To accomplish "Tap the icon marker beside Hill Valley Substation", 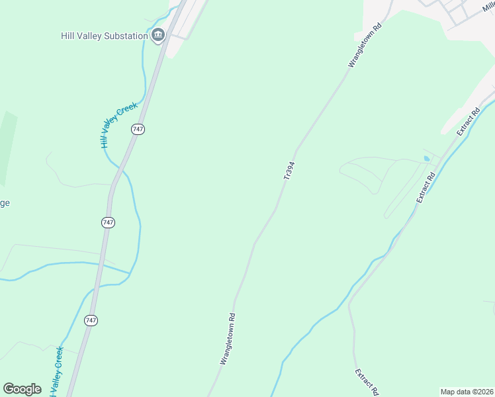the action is click(157, 35).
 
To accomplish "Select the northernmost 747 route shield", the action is click(138, 129).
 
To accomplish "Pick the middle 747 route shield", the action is click(109, 222).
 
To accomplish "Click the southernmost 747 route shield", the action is click(91, 320).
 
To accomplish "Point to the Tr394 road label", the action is click(289, 170).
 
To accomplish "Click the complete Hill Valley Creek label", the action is click(118, 124).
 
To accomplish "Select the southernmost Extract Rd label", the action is click(366, 382).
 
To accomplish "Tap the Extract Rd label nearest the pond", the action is click(425, 187).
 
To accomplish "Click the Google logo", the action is click(22, 389).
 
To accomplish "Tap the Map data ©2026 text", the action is click(467, 392).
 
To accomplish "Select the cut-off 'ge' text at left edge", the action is click(4, 202).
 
